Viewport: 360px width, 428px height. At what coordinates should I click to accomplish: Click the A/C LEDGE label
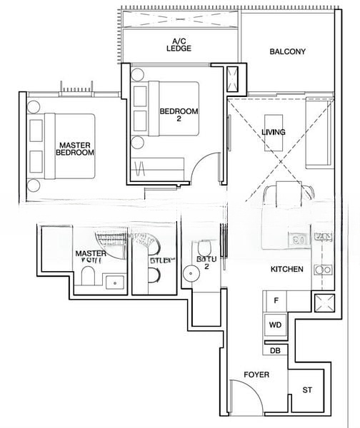point(180,45)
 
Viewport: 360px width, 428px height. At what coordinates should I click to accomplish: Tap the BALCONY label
point(287,52)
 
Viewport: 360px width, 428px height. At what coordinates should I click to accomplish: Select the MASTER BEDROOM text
point(76,148)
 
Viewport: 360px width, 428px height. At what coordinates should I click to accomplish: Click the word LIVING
point(274,133)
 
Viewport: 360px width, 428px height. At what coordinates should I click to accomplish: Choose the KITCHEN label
point(287,269)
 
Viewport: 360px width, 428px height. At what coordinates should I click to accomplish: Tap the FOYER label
point(256,374)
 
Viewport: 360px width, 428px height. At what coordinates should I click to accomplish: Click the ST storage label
point(307,390)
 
